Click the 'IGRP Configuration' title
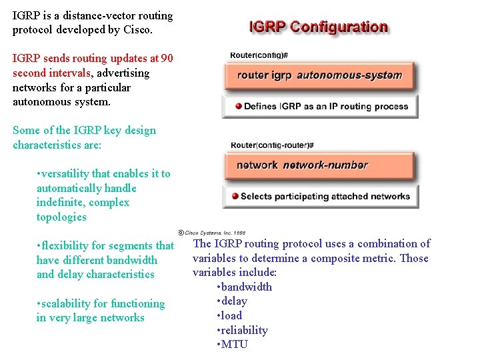(x=318, y=27)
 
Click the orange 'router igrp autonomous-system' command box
(x=319, y=75)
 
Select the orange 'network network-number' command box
(x=319, y=165)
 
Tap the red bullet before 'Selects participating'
(x=235, y=196)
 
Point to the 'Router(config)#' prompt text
(x=258, y=55)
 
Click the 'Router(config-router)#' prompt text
(x=271, y=145)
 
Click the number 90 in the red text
(x=167, y=58)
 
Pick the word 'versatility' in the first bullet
(x=69, y=173)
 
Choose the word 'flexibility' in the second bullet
(x=69, y=246)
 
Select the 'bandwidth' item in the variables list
(x=247, y=287)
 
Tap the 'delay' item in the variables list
(x=235, y=301)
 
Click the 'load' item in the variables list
(x=232, y=315)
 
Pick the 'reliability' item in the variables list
(x=245, y=330)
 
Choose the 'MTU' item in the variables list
(x=235, y=344)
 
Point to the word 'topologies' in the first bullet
(x=61, y=217)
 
